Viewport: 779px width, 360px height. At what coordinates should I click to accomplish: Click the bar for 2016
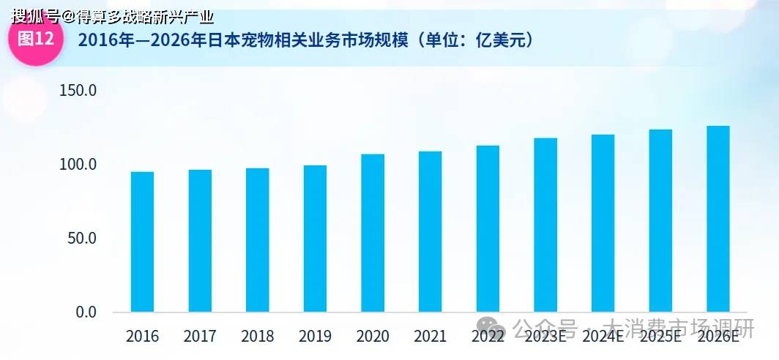coord(142,241)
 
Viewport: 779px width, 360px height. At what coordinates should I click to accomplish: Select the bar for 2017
coord(200,241)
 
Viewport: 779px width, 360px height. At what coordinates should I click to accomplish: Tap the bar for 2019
coord(315,239)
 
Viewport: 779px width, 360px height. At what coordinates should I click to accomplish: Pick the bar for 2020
coord(373,233)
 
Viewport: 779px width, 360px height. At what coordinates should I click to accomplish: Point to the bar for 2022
coord(488,228)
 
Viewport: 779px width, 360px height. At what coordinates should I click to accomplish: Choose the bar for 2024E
coord(603,223)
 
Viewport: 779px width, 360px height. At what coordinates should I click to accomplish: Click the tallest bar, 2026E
coord(717,219)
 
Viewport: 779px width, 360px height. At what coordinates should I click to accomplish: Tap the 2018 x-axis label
coord(258,337)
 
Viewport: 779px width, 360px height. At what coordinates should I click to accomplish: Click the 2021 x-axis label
coord(430,337)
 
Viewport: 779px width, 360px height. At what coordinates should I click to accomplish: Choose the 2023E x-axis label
coord(545,337)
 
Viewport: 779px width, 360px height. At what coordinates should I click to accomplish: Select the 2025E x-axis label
coord(660,337)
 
